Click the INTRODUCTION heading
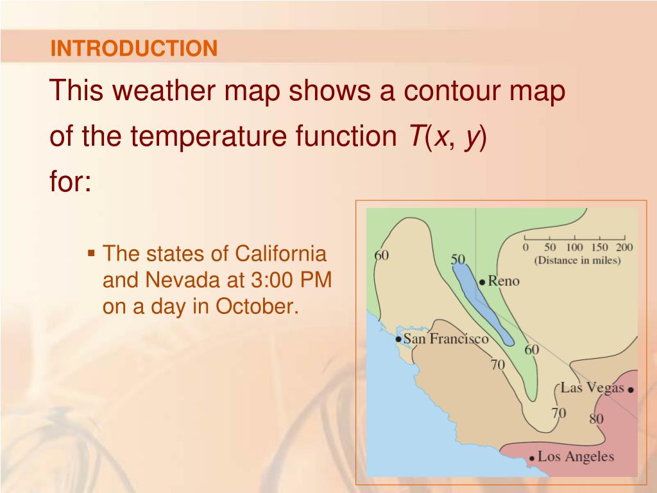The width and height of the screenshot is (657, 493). click(133, 48)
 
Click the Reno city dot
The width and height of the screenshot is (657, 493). click(482, 282)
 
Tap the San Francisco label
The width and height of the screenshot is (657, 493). click(446, 339)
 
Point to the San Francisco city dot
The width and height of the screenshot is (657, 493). click(398, 339)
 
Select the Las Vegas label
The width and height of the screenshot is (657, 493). click(592, 388)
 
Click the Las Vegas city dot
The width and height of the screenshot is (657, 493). click(631, 390)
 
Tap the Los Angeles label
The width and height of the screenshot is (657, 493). click(576, 456)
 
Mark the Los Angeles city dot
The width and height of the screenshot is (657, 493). click(532, 458)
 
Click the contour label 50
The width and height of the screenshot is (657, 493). click(458, 259)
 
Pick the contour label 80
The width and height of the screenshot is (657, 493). click(596, 419)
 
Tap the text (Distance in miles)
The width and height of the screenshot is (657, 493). click(577, 261)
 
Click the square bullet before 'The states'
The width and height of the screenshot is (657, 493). click(91, 253)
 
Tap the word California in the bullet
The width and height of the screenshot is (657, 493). click(280, 254)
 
